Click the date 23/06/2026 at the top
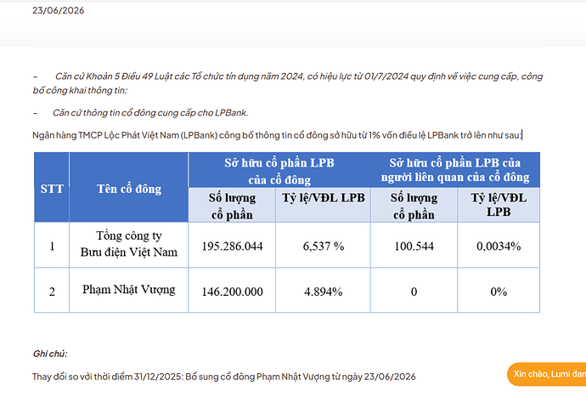pos(59,10)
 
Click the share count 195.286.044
pos(232,246)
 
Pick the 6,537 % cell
pos(324,246)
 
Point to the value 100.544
pos(414,246)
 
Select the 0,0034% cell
pos(499,246)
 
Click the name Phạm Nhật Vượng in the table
pos(129,290)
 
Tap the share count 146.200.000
pos(232,292)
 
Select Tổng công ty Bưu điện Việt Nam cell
pos(129,244)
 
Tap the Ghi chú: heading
pos(50,354)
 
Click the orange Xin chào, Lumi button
pos(547,374)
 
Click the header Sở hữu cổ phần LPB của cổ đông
pos(279,171)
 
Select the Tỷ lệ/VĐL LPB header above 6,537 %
pos(324,197)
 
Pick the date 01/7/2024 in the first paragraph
pos(386,77)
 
